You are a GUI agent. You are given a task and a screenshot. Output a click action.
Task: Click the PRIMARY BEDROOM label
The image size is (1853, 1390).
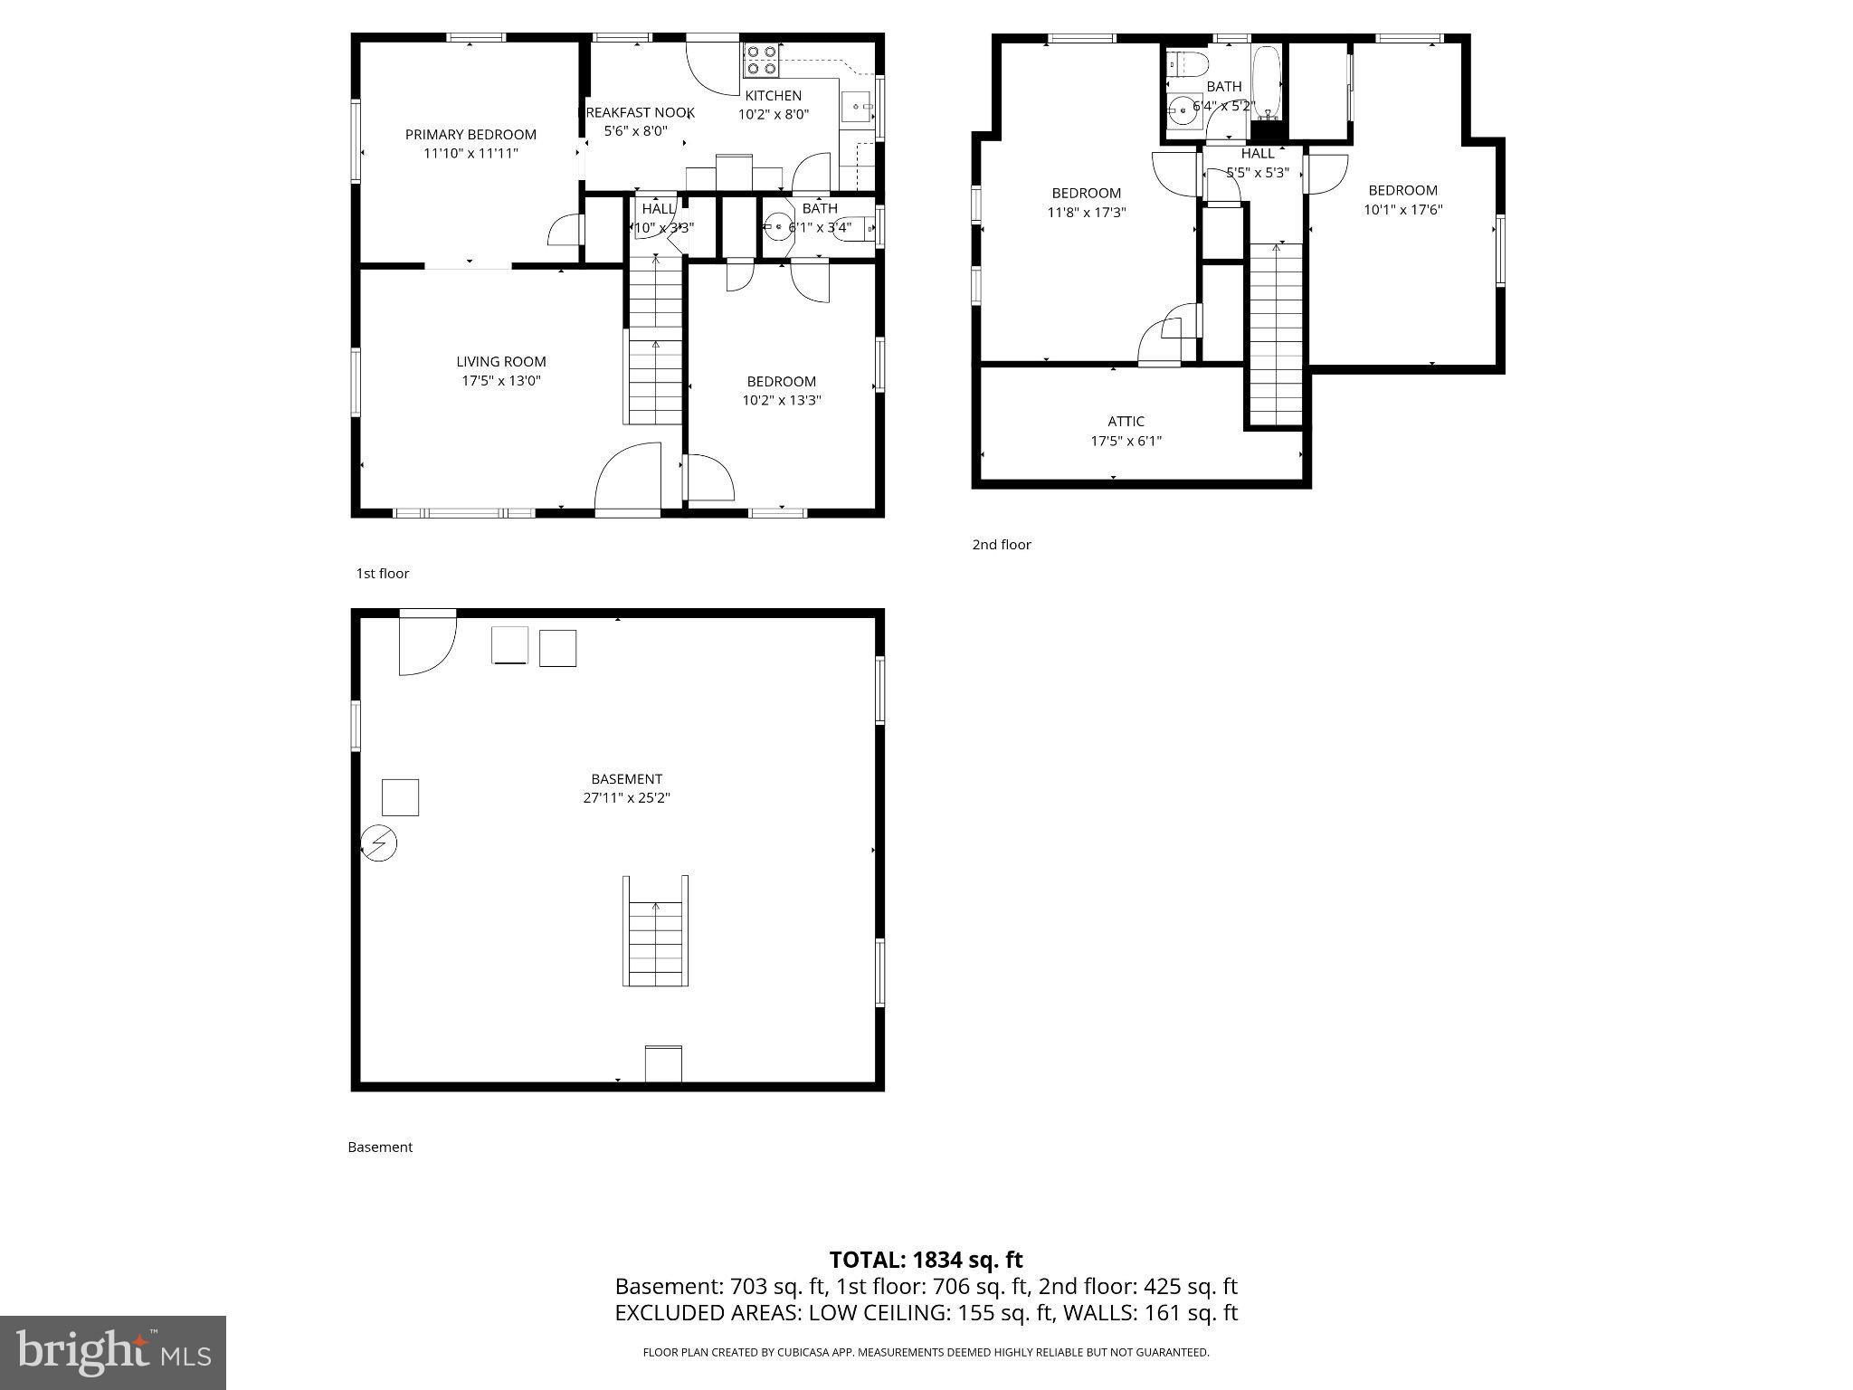tap(470, 135)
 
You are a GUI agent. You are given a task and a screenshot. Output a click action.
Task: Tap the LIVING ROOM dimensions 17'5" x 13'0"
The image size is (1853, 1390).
tap(500, 381)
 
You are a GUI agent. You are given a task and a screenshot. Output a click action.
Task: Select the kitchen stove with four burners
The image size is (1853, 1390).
tap(762, 60)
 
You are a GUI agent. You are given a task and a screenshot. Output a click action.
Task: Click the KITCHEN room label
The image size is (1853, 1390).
tap(773, 96)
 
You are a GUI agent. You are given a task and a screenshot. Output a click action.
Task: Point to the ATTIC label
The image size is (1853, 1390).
tap(1126, 422)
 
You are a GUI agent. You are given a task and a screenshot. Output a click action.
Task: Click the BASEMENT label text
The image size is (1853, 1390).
tap(626, 779)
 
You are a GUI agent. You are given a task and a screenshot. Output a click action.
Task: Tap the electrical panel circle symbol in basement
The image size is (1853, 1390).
tap(379, 843)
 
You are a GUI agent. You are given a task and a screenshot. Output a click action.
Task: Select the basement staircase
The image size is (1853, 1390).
tap(656, 932)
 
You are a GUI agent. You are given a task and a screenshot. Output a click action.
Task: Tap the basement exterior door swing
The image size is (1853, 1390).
tap(426, 643)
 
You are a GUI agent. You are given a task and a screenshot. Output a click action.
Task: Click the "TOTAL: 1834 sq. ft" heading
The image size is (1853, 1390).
tap(926, 1260)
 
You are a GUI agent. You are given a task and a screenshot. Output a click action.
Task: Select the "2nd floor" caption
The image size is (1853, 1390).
tap(1001, 545)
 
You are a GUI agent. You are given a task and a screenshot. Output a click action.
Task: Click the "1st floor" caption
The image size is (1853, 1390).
tap(382, 574)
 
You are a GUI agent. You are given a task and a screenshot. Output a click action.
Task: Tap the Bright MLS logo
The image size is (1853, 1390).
tap(112, 1352)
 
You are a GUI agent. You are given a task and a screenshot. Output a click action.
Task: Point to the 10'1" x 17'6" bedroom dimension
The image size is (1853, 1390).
tap(1402, 210)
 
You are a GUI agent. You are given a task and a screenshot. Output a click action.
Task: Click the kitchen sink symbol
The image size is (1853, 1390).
tap(855, 107)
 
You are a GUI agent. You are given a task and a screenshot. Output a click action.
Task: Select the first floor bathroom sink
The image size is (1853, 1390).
tap(777, 226)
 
